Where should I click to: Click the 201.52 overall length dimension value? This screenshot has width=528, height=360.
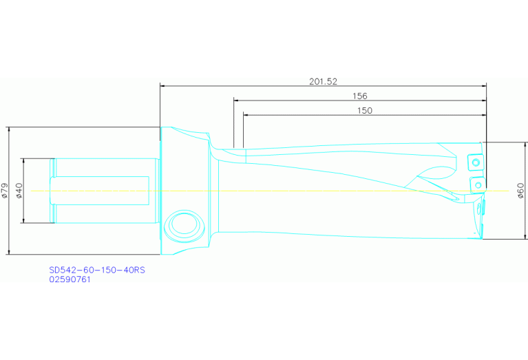coord(323,81)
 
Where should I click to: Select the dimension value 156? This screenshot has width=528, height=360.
coord(359,96)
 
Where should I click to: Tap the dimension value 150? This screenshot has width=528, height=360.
coord(364,110)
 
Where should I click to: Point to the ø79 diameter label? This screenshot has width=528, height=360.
coord(5,191)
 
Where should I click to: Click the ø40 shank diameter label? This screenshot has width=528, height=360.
coord(19,191)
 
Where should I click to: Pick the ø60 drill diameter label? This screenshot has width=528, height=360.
coord(520,191)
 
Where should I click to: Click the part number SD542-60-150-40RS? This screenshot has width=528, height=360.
coord(97,271)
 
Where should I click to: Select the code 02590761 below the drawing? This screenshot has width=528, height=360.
coord(70,279)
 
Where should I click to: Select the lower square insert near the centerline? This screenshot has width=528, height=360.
coord(477,184)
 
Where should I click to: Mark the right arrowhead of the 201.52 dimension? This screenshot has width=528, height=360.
coord(484,86)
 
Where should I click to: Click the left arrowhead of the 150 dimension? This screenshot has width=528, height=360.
coord(246,115)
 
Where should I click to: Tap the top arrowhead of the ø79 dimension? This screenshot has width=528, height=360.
coord(10,129)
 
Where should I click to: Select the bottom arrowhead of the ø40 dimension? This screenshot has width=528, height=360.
coord(24,220)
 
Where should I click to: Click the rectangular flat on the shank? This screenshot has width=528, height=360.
coord(101,191)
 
